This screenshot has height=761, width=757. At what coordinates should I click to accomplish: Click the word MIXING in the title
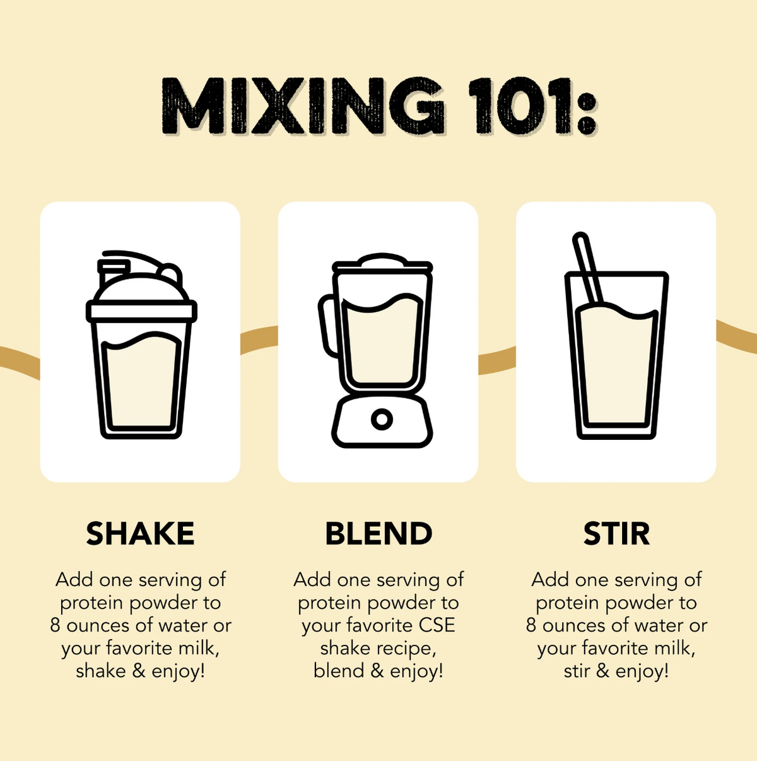pos(303,105)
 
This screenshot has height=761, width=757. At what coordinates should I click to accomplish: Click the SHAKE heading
pos(140,534)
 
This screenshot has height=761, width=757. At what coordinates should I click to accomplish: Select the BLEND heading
pos(378,534)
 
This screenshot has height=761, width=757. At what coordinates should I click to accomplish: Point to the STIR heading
pos(616,534)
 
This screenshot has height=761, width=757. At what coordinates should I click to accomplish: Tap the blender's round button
pos(382,419)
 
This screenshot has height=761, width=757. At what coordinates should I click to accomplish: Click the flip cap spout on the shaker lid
pos(114,272)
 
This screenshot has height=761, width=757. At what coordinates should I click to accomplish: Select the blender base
pos(382,421)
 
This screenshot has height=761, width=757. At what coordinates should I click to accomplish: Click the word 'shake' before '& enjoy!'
pos(101,671)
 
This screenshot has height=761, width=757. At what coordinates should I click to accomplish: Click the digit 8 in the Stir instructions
pos(531,626)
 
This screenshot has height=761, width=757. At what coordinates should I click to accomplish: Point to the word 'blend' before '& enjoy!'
pos(338,671)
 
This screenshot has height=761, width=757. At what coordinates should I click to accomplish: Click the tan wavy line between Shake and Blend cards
pos(259,339)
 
